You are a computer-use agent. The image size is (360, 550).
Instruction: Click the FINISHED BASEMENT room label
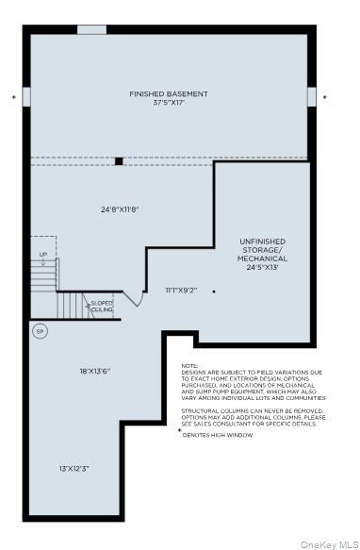click(169, 94)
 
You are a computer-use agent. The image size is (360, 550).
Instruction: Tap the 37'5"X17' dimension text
click(169, 103)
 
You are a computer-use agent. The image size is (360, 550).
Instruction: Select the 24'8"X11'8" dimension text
click(121, 208)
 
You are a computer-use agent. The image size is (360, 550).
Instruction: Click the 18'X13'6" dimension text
click(94, 371)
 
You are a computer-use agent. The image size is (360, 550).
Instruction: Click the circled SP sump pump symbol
click(40, 331)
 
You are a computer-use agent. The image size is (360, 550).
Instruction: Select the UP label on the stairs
click(42, 255)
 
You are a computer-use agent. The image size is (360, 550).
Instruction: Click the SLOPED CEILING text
click(103, 307)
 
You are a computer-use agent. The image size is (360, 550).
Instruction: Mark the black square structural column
click(119, 160)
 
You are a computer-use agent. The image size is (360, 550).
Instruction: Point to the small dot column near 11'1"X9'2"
click(214, 291)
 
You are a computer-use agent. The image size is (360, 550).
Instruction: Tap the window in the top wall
click(91, 29)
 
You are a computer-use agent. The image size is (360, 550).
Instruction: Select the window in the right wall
click(312, 97)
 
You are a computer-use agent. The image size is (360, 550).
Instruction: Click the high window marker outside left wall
click(13, 96)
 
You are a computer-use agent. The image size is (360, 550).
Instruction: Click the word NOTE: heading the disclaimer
click(190, 366)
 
